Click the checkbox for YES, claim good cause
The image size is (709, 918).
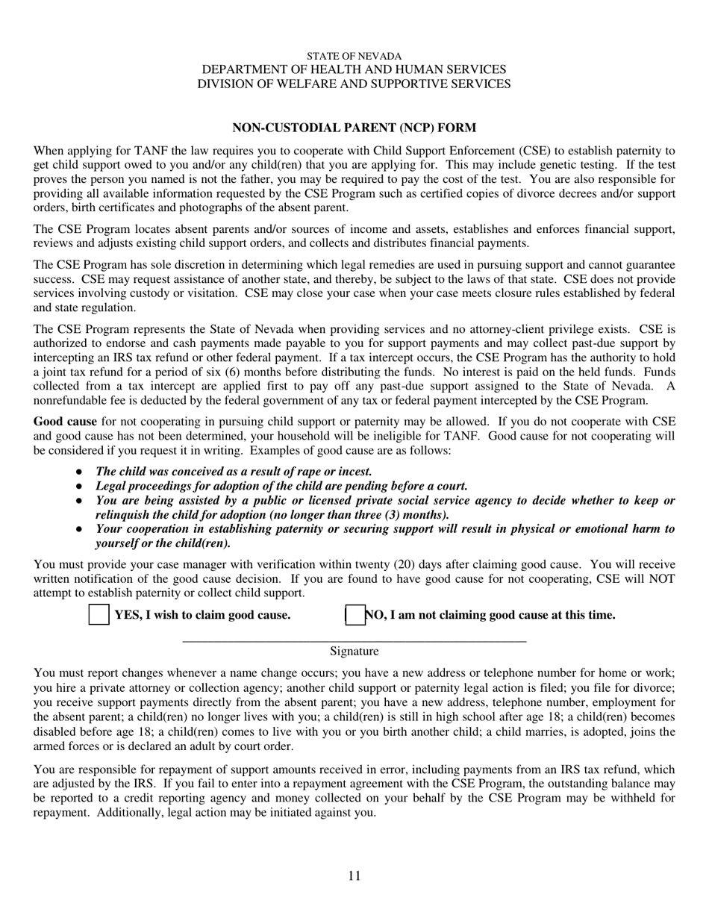99,615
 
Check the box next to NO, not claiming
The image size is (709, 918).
354,615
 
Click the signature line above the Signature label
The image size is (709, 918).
354,640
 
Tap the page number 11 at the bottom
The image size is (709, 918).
354,875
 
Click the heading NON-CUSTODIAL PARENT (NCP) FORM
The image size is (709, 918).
354,128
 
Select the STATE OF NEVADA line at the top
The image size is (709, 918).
354,56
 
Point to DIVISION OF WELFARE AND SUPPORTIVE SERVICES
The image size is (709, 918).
354,84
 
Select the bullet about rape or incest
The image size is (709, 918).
234,472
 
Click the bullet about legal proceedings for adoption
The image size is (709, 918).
281,486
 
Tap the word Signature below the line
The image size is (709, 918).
354,652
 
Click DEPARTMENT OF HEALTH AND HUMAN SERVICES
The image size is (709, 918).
354,69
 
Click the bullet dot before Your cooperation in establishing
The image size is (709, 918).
80,529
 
